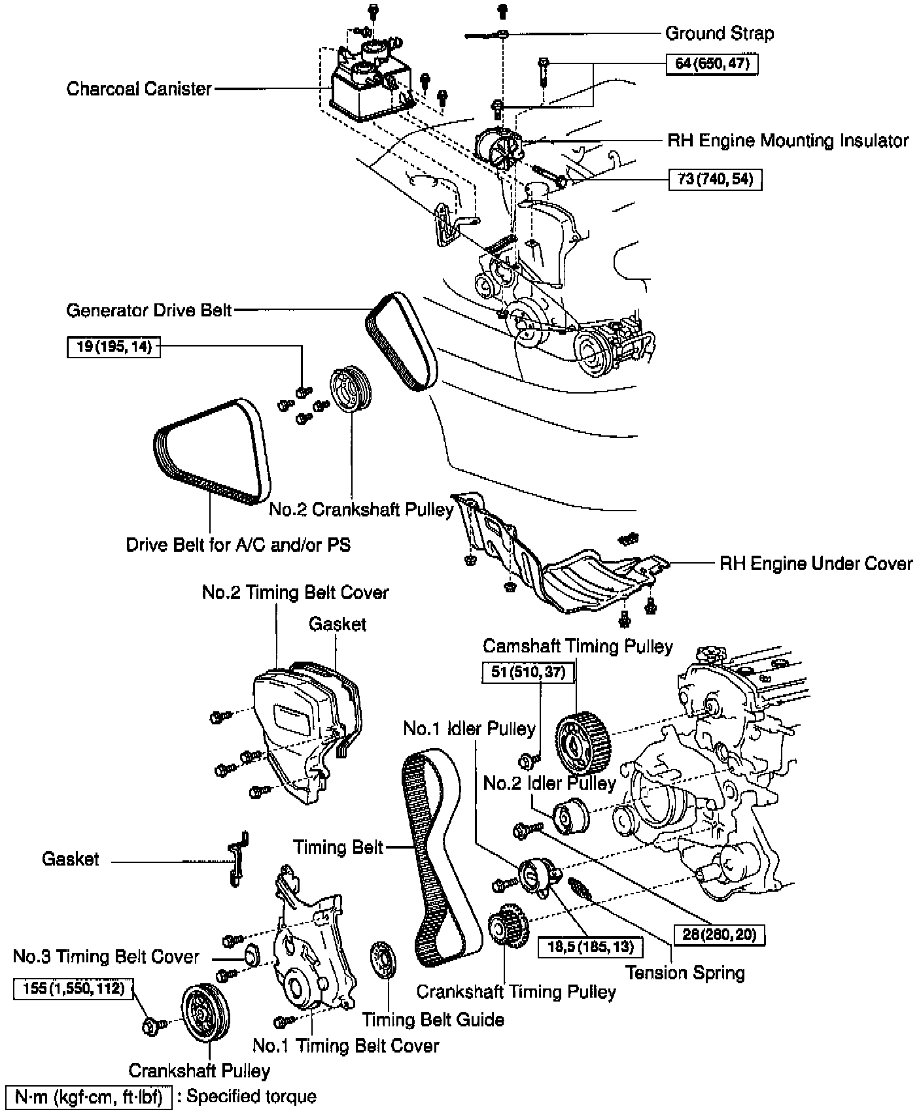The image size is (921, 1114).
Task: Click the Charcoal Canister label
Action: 139,89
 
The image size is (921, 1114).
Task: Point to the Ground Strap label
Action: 719,33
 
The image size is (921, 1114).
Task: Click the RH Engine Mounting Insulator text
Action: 788,141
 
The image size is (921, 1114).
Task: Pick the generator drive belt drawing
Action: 401,342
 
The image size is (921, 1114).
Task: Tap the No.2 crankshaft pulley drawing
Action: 351,391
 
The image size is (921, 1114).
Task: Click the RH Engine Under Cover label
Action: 816,564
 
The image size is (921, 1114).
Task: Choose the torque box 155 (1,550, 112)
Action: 73,988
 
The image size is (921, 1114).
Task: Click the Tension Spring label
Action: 685,973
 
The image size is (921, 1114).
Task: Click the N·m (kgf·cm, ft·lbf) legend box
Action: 88,1096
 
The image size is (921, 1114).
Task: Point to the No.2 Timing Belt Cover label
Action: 295,592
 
